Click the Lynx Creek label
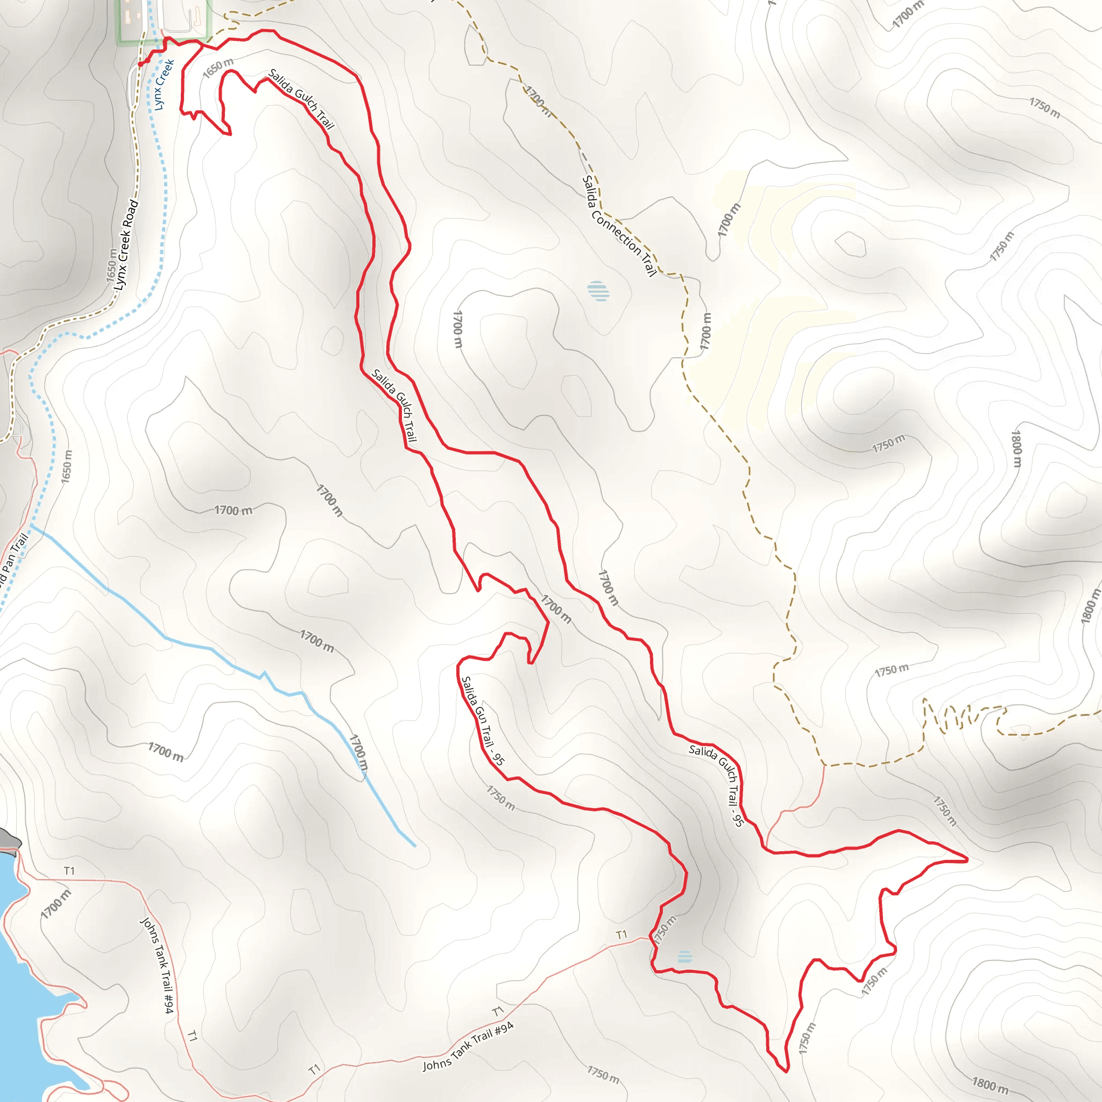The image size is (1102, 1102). [164, 84]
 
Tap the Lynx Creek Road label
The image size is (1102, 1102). [126, 244]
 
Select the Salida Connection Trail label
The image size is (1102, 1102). [619, 226]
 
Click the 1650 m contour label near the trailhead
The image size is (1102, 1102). [218, 68]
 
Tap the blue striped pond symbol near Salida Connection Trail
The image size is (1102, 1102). [598, 291]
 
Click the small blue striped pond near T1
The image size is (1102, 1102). [684, 957]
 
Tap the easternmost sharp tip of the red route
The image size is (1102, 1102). [967, 859]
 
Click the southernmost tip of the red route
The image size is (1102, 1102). [787, 1071]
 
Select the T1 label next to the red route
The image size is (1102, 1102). [621, 934]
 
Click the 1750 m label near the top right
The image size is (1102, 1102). [1044, 108]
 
